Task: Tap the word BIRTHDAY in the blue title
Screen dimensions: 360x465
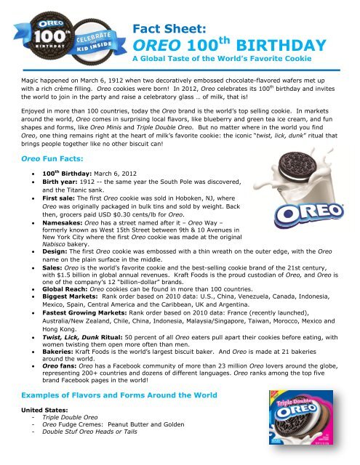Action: [259, 46]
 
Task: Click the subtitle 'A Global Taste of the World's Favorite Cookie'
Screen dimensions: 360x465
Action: [228, 65]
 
